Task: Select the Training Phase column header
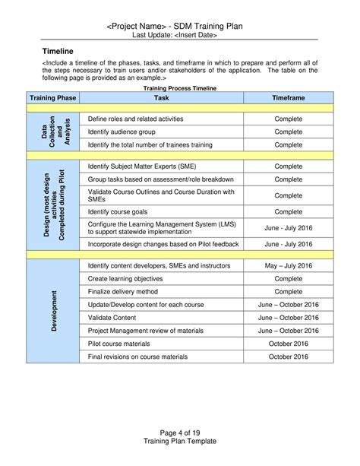pyautogui.click(x=53, y=99)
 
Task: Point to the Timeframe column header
pyautogui.click(x=288, y=99)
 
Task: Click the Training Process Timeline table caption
pyautogui.click(x=180, y=88)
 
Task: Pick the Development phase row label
pyautogui.click(x=53, y=310)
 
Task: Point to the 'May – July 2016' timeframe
pyautogui.click(x=288, y=265)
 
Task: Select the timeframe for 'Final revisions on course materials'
pyautogui.click(x=288, y=356)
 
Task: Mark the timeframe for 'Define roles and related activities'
pyautogui.click(x=288, y=119)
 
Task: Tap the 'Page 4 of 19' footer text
pyautogui.click(x=180, y=430)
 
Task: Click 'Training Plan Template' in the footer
pyautogui.click(x=180, y=441)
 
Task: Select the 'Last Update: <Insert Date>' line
pyautogui.click(x=175, y=35)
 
